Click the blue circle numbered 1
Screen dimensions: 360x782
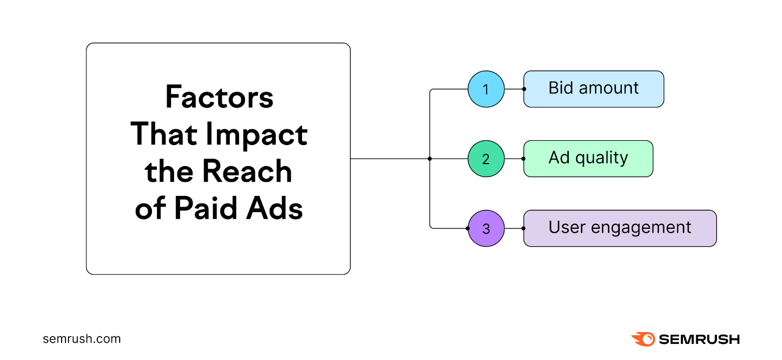point(486,89)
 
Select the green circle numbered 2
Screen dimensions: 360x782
point(486,159)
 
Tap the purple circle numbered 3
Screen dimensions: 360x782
point(486,228)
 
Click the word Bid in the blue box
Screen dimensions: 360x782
point(560,88)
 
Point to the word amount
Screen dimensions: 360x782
point(608,88)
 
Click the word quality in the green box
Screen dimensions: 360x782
point(601,158)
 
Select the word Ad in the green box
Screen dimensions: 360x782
point(559,158)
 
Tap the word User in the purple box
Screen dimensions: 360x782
point(566,228)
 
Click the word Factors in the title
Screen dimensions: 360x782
point(219,97)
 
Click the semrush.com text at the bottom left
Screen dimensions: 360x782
point(82,339)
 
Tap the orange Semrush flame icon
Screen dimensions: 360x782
point(644,339)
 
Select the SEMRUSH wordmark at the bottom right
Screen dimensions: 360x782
point(699,339)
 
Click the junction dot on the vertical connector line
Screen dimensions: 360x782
point(430,159)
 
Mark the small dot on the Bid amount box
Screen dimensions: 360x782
point(524,89)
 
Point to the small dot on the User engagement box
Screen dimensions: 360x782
point(523,228)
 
